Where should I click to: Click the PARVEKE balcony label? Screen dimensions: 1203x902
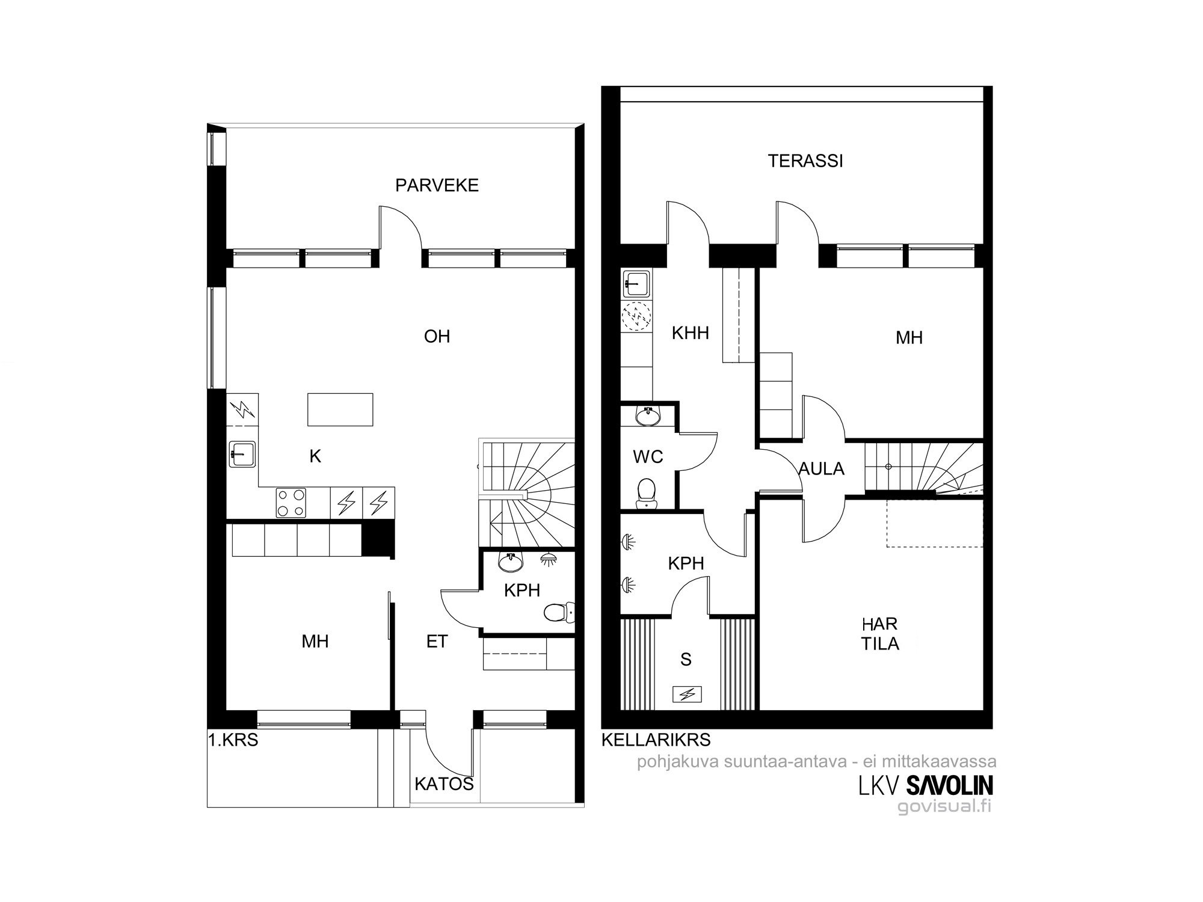(x=437, y=185)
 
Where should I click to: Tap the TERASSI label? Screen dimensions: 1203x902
(x=805, y=161)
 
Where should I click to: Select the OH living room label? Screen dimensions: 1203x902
(x=437, y=336)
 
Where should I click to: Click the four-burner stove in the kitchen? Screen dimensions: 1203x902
(x=291, y=503)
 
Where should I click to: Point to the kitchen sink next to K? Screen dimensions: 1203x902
(x=242, y=454)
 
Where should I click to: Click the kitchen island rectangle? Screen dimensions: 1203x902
(x=340, y=410)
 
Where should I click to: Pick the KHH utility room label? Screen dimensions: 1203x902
(x=691, y=333)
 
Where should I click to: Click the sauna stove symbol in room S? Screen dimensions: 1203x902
(x=687, y=695)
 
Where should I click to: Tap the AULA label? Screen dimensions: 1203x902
(x=822, y=469)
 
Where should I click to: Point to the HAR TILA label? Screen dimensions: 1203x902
(x=880, y=634)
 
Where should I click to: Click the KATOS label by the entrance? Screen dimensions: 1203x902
(x=445, y=784)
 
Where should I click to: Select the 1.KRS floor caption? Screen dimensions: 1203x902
(x=233, y=740)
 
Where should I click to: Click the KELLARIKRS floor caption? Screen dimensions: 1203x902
(x=656, y=740)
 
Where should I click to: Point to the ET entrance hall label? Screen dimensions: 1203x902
(x=437, y=642)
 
